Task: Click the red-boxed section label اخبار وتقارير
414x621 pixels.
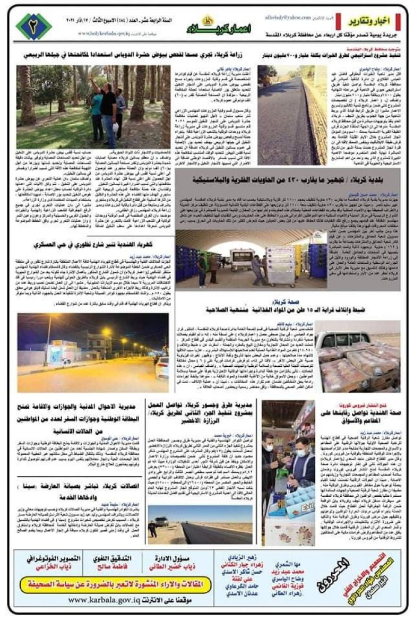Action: (375, 22)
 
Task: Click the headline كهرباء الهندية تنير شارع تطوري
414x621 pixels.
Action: (93, 245)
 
